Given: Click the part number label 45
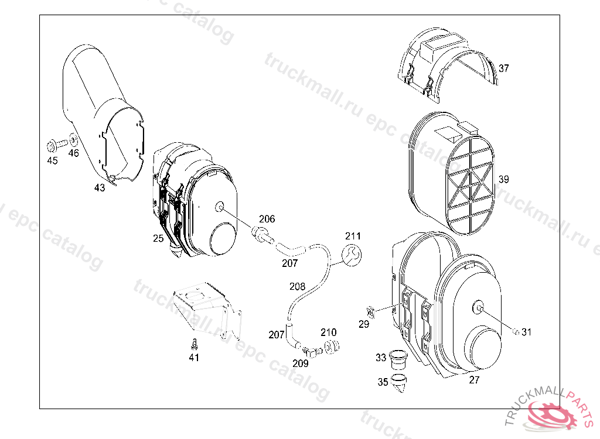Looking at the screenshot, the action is [x=52, y=160].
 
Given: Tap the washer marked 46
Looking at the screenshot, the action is [x=73, y=140].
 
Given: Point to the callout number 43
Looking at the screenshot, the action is [x=100, y=188].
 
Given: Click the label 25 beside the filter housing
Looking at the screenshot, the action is [x=158, y=238].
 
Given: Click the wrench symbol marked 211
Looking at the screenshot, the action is [x=352, y=255].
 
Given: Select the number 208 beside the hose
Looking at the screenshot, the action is [x=297, y=286].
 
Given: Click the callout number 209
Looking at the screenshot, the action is [x=301, y=363].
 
